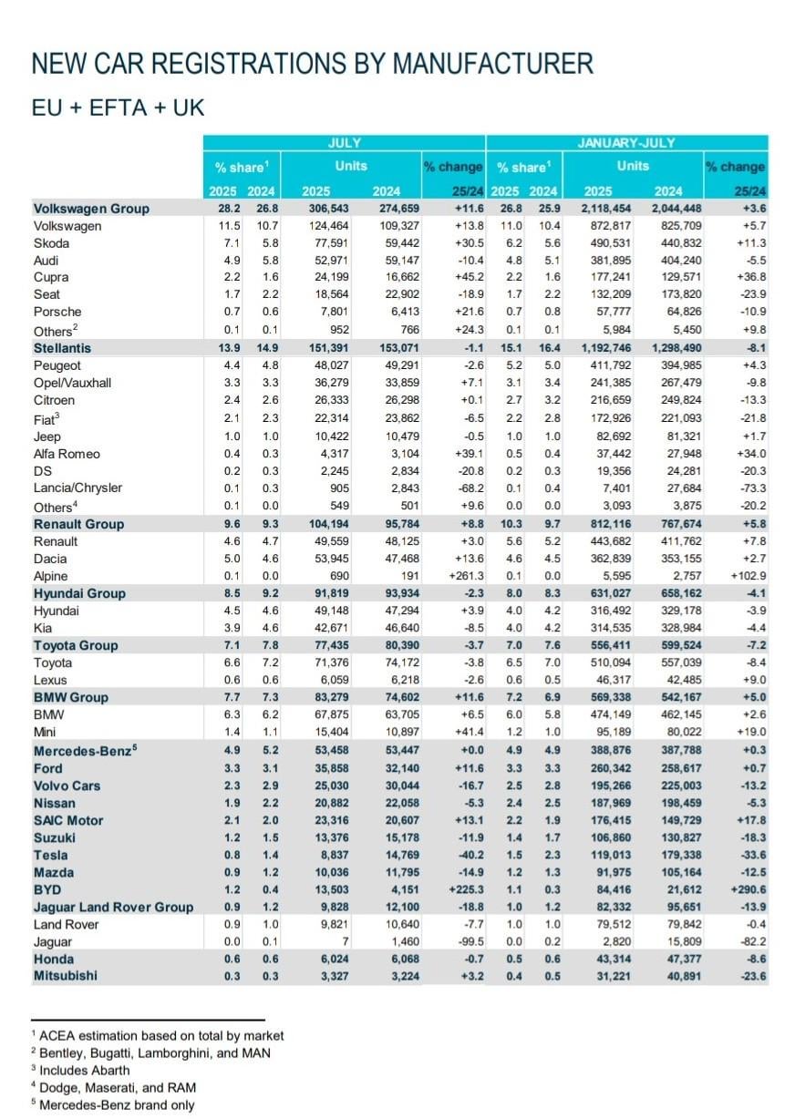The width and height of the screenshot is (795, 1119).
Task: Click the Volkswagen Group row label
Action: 91,209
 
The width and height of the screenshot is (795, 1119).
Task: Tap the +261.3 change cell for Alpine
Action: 466,576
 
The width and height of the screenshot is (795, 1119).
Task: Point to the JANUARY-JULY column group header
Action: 626,143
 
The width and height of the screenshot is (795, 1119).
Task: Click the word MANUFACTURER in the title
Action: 492,64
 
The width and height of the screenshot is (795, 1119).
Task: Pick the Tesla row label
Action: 50,855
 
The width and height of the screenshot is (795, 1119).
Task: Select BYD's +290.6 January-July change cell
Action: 748,889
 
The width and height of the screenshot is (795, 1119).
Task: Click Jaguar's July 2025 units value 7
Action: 346,941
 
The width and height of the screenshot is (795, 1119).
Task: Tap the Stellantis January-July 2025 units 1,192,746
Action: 605,348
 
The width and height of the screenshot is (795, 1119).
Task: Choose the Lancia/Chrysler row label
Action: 77,488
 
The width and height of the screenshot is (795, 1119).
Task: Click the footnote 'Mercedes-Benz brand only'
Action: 113,1104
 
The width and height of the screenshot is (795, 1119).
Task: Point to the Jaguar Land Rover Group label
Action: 113,907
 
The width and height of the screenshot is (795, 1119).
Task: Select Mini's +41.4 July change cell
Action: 470,732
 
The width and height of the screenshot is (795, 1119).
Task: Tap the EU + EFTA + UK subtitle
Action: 118,108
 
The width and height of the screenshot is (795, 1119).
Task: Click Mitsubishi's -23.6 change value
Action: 754,976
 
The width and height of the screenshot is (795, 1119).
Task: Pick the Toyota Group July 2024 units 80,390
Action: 402,645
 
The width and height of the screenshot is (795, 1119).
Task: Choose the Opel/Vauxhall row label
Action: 72,383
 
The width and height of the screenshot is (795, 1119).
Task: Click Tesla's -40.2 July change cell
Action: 471,855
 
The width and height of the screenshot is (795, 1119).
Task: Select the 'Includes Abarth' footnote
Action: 80,1070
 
